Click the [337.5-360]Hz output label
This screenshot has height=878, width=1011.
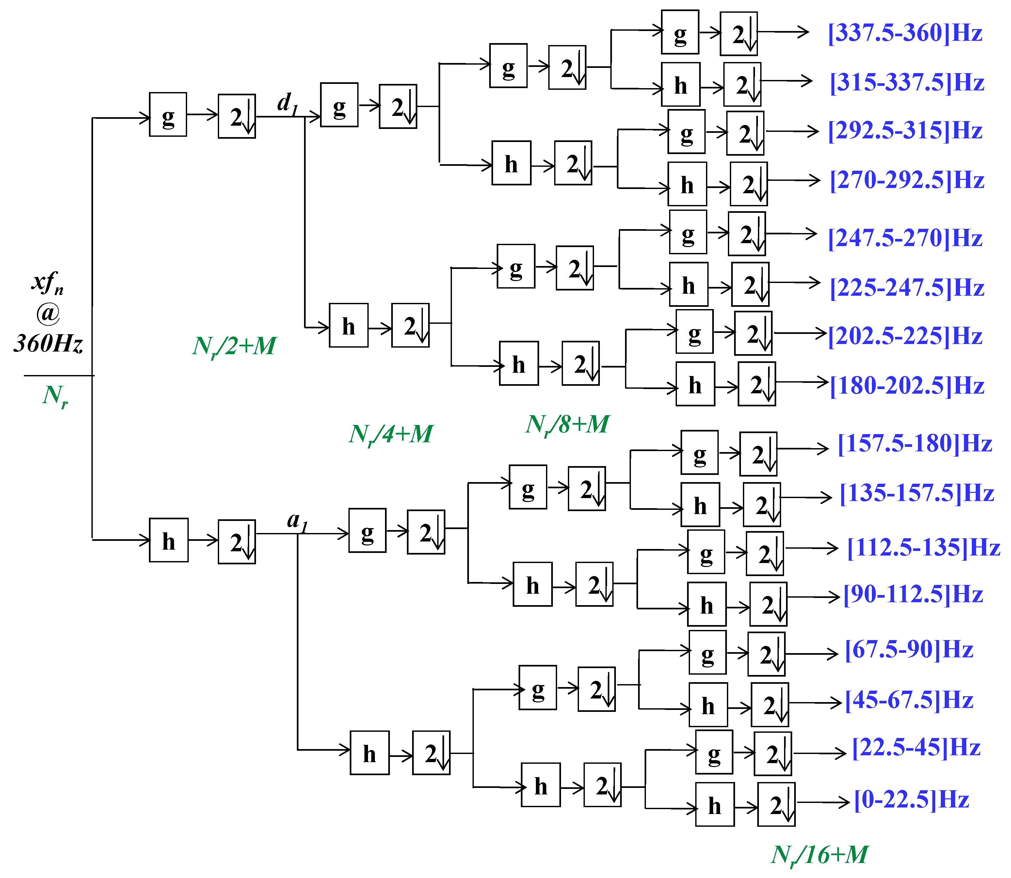[905, 33]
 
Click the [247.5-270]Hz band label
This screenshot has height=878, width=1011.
[905, 238]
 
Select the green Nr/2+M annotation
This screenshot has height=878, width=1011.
[234, 346]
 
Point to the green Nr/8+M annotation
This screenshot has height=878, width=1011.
[567, 425]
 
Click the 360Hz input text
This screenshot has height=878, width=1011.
[48, 343]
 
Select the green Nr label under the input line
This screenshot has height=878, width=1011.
[55, 395]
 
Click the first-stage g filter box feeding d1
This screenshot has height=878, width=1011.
[168, 115]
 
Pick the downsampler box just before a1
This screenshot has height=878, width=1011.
[237, 542]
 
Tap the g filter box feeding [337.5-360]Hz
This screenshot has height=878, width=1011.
[680, 32]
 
